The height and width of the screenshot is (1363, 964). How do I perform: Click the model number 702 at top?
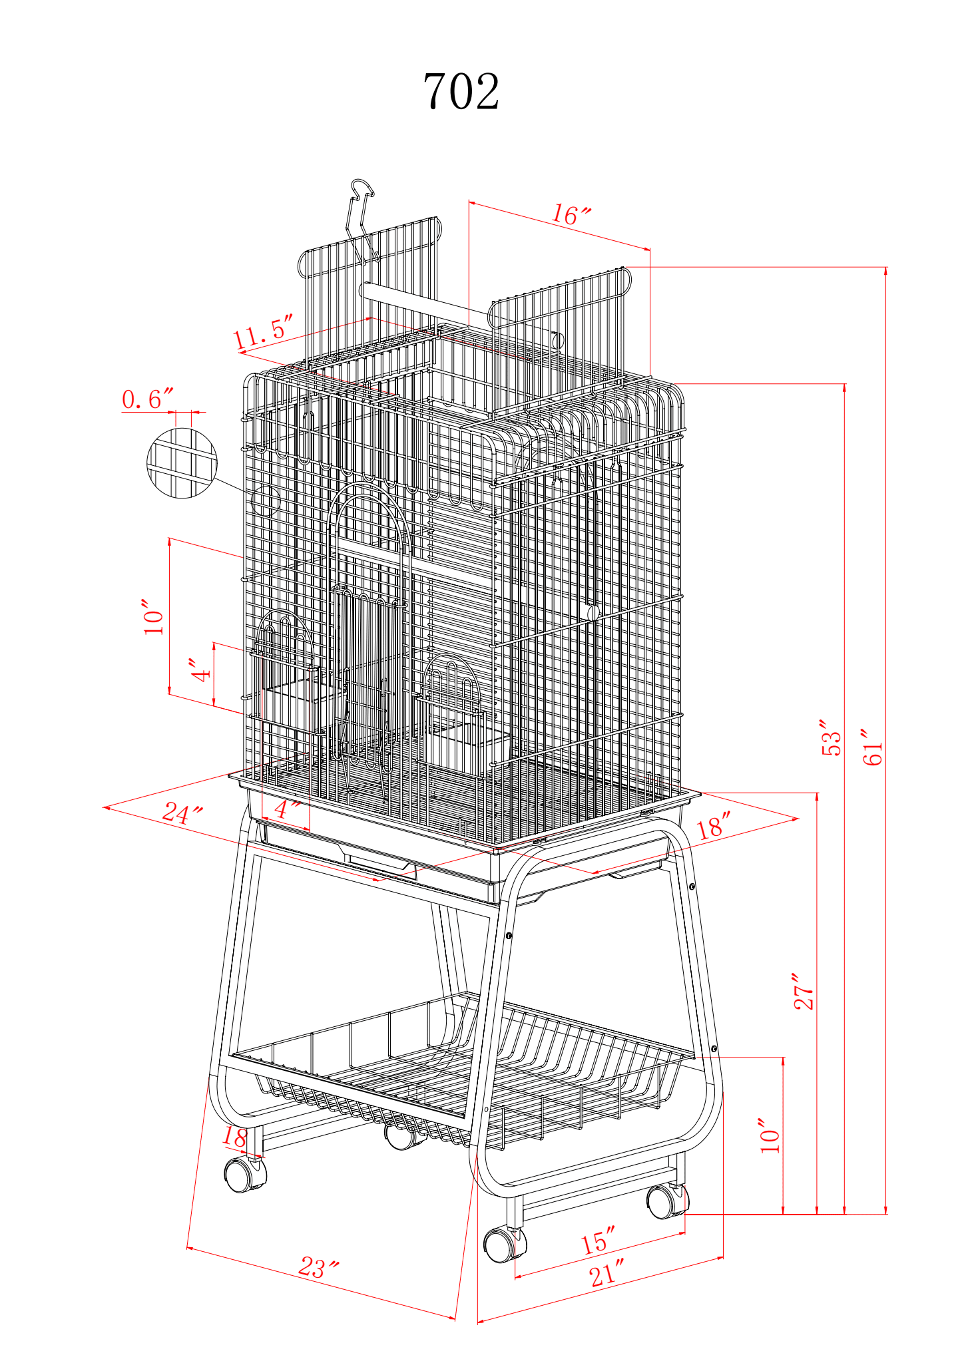coord(461,92)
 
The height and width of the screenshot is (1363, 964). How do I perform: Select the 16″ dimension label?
coord(571,215)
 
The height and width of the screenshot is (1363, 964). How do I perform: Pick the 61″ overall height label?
coord(873,747)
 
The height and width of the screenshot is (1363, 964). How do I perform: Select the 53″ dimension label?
coord(832,737)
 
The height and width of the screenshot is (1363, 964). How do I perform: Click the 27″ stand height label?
coord(804,992)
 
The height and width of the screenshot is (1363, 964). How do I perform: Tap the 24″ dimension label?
coord(182,813)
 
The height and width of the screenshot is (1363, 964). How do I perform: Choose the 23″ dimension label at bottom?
coord(318,1267)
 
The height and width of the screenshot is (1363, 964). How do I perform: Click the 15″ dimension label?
coord(597,1242)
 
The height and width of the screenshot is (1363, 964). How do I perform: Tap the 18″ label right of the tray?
coord(714,826)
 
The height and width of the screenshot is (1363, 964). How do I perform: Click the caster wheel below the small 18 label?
coord(245,1174)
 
